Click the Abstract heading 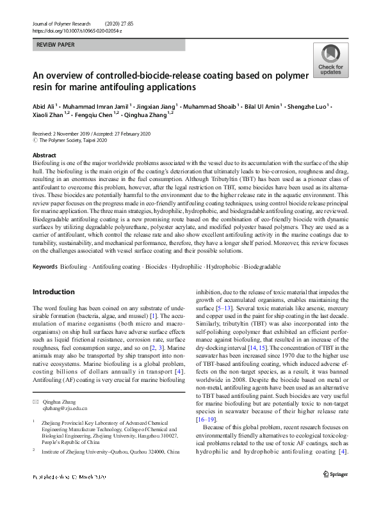44,155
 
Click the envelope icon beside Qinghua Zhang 35,400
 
